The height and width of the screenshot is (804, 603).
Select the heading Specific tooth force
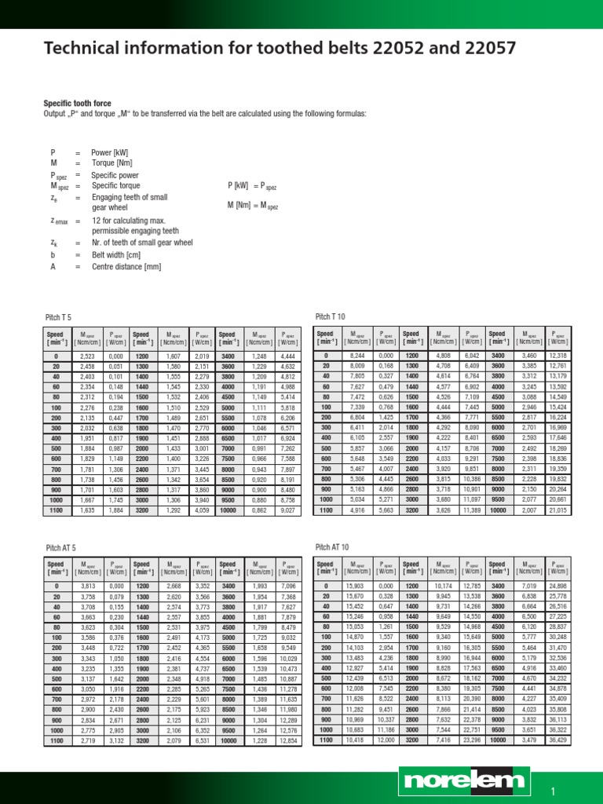[76, 104]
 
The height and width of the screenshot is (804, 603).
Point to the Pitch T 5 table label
[58, 316]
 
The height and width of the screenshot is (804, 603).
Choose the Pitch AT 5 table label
[60, 546]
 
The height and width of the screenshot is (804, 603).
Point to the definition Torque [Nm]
[111, 163]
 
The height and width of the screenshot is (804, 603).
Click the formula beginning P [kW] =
[252, 186]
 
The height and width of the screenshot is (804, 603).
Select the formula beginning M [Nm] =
[252, 206]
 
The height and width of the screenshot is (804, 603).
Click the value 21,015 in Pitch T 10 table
[558, 510]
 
